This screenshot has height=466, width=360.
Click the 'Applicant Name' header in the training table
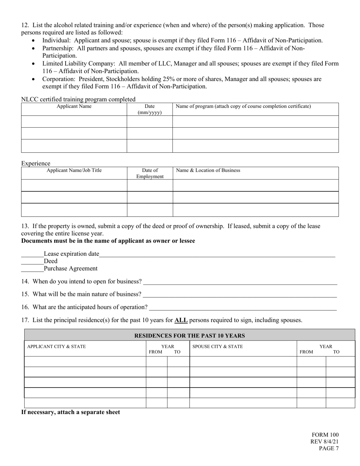pos(74,106)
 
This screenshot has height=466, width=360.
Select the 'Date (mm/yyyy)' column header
pos(149,109)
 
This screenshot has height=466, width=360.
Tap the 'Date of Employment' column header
pos(150,174)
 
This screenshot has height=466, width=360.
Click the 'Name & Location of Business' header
pos(208,170)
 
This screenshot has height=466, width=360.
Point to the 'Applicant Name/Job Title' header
pos(74,170)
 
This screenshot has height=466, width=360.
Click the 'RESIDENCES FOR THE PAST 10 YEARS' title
pos(189,336)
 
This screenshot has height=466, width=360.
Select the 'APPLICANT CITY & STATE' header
pos(56,347)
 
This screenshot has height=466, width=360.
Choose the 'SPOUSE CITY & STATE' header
pos(218,347)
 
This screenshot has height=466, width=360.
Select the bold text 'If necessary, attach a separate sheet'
pos(70,412)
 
